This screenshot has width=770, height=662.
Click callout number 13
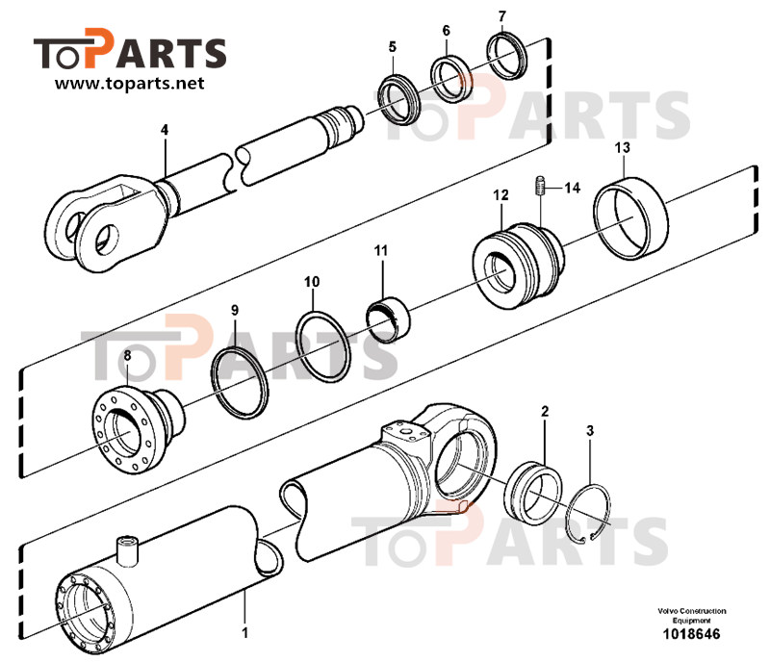tap(622, 147)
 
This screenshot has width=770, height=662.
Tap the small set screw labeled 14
tap(540, 185)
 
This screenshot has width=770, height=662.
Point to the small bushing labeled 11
tap(389, 320)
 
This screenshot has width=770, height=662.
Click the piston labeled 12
tap(518, 266)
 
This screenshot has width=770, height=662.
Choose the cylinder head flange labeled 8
tap(138, 430)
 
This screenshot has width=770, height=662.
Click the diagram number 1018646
tap(691, 633)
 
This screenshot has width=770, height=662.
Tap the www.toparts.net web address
tap(130, 83)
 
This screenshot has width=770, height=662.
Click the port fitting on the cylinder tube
tap(127, 549)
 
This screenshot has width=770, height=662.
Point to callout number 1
tap(244, 632)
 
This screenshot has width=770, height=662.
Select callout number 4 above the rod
tap(165, 130)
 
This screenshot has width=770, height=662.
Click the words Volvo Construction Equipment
tap(692, 616)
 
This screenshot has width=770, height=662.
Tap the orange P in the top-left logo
tap(99, 48)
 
